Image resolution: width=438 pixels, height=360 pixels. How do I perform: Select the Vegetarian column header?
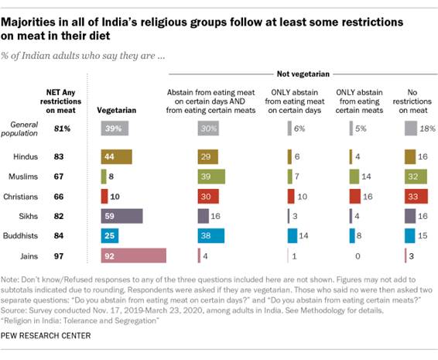(117, 111)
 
